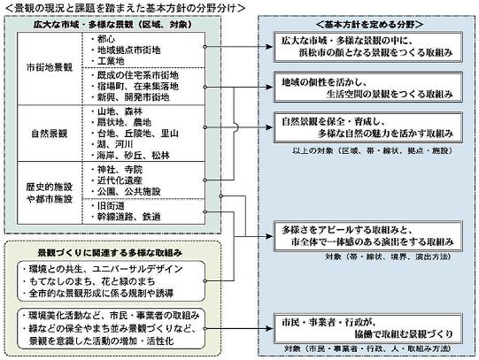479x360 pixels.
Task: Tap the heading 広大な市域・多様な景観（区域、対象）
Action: (129, 26)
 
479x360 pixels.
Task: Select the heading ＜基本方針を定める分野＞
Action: (367, 26)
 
